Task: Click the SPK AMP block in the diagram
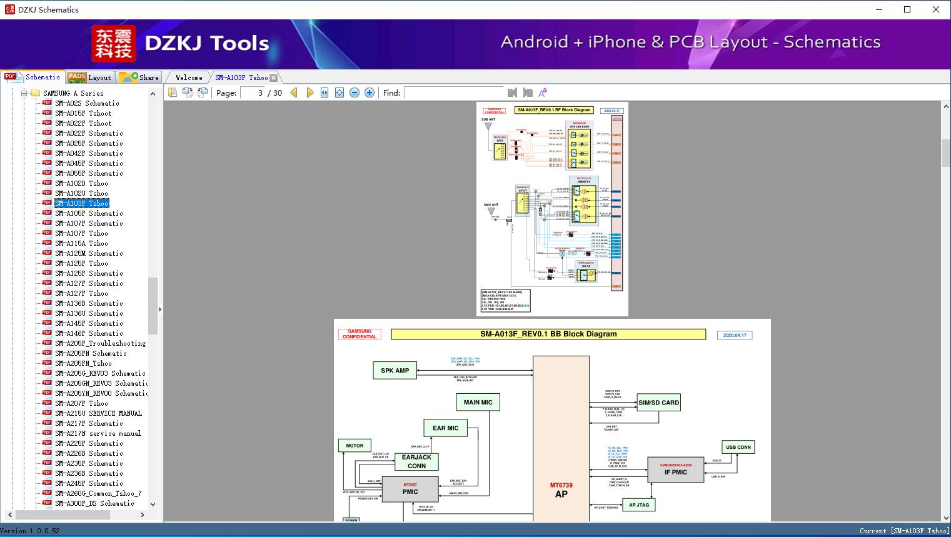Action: click(x=395, y=371)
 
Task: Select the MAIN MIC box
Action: click(x=478, y=403)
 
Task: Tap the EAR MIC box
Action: click(x=445, y=428)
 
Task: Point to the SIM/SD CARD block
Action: click(x=658, y=403)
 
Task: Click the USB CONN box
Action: click(x=738, y=447)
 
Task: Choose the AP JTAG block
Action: click(x=638, y=504)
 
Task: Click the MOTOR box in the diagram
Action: click(x=355, y=446)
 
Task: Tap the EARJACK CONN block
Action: click(x=416, y=461)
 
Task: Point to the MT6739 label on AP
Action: click(x=561, y=485)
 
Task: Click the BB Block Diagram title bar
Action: click(x=548, y=334)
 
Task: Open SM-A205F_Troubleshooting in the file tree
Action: click(x=100, y=343)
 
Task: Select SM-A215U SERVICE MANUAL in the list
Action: click(x=98, y=413)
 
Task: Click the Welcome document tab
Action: click(x=189, y=78)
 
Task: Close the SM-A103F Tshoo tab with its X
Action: click(x=274, y=78)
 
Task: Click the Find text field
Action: click(x=453, y=93)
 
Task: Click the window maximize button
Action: click(x=907, y=9)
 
